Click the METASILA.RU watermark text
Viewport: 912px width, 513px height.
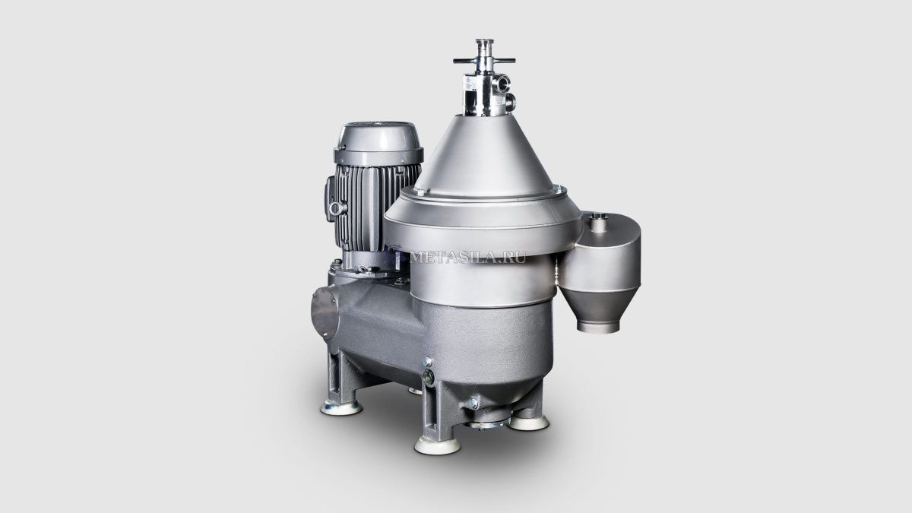[468, 258]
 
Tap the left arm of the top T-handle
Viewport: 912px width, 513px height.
[465, 61]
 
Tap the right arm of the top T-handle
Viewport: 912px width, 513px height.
[504, 61]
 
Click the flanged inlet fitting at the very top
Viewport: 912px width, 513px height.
[484, 43]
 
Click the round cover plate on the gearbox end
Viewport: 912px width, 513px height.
[325, 312]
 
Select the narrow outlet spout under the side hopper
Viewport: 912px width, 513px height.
[598, 326]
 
